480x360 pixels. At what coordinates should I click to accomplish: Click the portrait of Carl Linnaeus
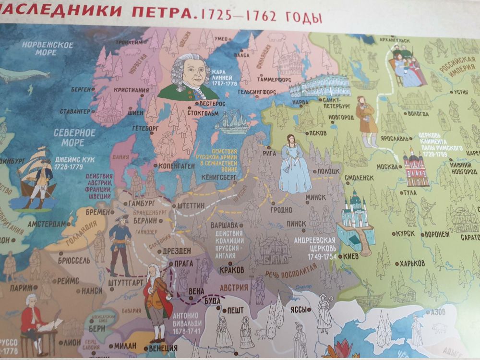(x=189, y=76)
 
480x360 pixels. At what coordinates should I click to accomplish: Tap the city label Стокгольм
(x=202, y=114)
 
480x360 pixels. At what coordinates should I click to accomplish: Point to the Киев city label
(x=350, y=256)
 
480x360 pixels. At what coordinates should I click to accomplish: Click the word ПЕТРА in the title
(x=166, y=13)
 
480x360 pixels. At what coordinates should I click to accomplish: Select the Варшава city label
(x=225, y=225)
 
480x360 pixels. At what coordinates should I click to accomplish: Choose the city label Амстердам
(x=47, y=224)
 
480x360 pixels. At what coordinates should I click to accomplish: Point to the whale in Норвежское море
(x=25, y=74)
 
